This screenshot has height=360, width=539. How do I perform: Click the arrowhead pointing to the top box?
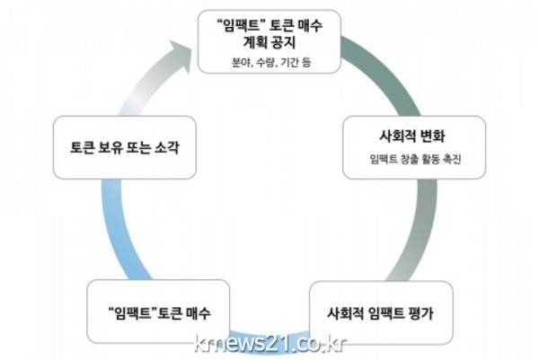(x=187, y=56)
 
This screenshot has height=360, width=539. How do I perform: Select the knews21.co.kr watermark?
(x=269, y=343)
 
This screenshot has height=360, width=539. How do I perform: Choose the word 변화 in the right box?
(x=431, y=139)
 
